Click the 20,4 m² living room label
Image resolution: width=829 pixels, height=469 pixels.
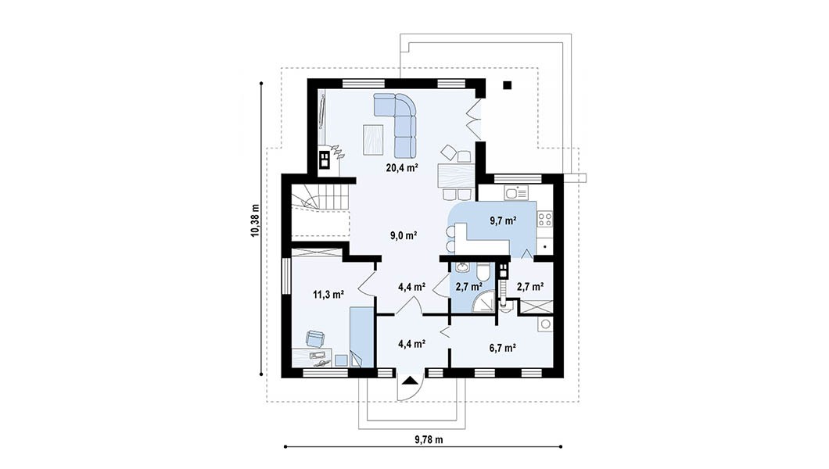coord(402,168)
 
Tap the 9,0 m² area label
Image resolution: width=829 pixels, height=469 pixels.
coord(404,235)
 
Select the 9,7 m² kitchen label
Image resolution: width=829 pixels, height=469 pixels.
coord(503,220)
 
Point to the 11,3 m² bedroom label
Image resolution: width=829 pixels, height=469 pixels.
coord(328,294)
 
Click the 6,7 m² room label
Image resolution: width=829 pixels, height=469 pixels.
coord(502,348)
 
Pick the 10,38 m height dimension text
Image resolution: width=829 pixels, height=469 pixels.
coord(256,220)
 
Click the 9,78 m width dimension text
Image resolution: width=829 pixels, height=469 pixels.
coord(429,439)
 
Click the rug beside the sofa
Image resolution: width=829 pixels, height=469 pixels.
coord(373,139)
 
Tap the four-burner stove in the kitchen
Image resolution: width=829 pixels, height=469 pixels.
coord(544,219)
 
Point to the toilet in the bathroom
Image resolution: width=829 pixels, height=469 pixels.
coord(483,274)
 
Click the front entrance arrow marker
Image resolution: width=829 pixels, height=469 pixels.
coord(410,381)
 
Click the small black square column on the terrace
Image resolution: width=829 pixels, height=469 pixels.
coord(508,85)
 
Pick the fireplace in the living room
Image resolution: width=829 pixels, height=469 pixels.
coord(323,160)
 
